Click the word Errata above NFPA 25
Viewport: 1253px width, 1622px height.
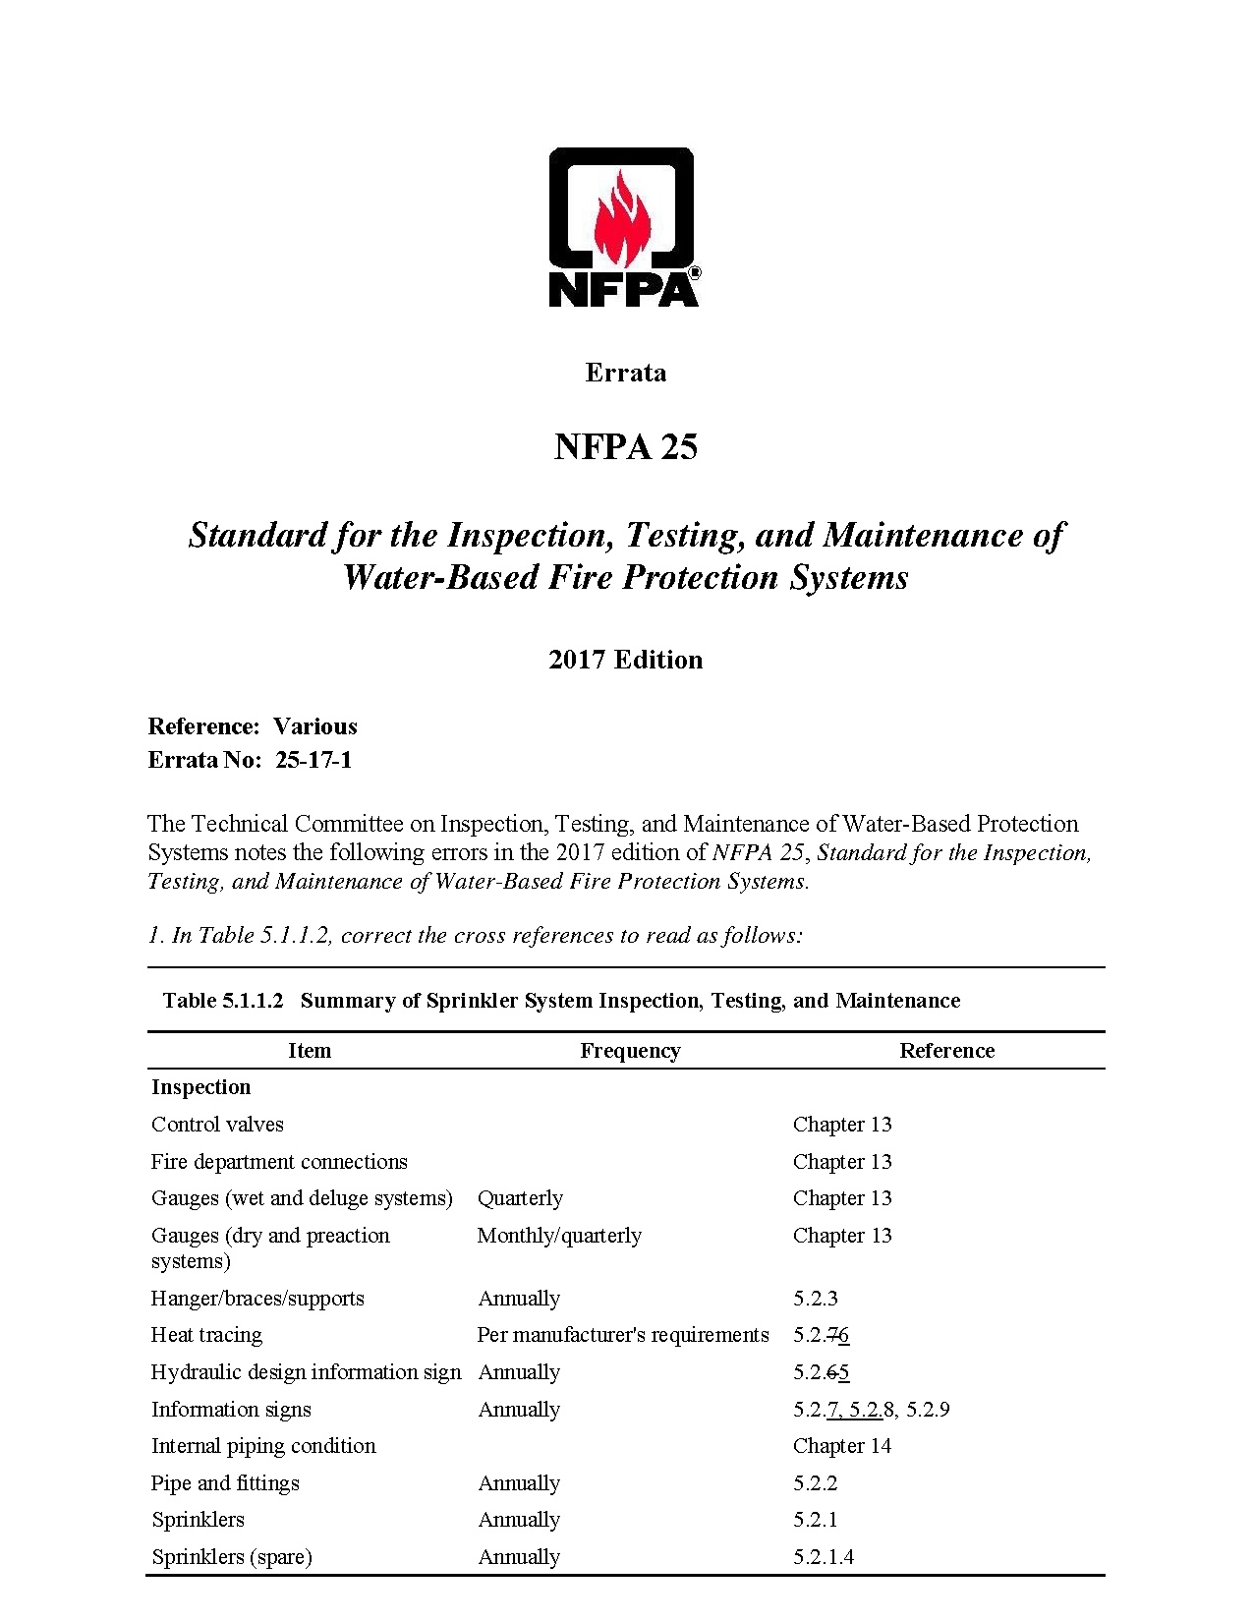[x=625, y=373]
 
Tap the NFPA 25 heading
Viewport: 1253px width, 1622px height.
[x=625, y=447]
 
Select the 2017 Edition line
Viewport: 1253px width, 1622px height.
[x=625, y=660]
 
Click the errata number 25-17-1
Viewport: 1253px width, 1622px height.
[x=313, y=760]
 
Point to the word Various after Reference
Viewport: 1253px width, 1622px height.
[x=314, y=726]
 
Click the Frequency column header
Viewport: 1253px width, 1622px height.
[x=630, y=1051]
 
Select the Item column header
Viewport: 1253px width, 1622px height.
[x=310, y=1051]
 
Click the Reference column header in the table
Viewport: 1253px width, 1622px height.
[x=946, y=1051]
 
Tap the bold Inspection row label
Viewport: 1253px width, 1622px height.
[x=201, y=1087]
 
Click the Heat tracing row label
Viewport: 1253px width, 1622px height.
[x=206, y=1335]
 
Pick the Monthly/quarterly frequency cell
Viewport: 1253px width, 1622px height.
[x=559, y=1236]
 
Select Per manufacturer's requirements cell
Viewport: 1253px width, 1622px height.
[x=623, y=1335]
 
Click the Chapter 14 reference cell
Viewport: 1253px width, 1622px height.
[x=842, y=1446]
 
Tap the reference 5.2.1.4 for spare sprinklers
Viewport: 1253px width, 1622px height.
[x=824, y=1557]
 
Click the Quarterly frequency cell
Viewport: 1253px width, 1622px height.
[x=520, y=1198]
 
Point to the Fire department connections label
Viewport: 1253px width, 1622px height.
[x=279, y=1162]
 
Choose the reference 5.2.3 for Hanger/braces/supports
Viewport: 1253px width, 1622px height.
[x=816, y=1299]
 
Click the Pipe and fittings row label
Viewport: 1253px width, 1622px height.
[x=225, y=1483]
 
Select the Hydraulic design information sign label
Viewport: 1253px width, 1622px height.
[x=306, y=1372]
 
